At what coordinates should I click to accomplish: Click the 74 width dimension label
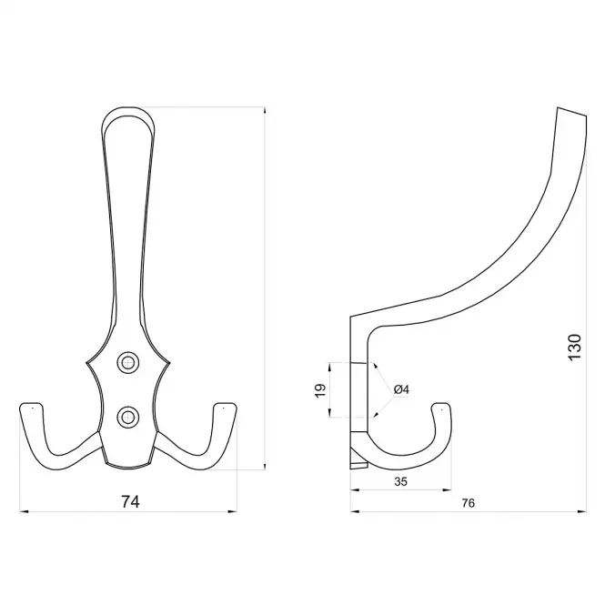(x=130, y=501)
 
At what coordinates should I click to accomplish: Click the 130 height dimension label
(x=574, y=348)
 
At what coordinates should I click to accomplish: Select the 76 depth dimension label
(x=468, y=503)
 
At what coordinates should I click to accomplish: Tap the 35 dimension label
(x=401, y=481)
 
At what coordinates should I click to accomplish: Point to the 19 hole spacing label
(x=320, y=390)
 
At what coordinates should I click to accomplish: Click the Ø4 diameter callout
(x=401, y=389)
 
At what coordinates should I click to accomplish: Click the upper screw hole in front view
(x=127, y=363)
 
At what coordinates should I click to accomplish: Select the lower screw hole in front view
(x=127, y=417)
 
